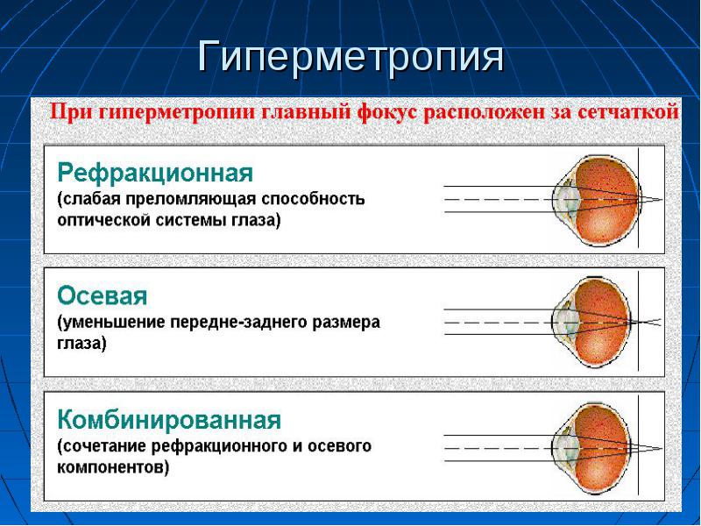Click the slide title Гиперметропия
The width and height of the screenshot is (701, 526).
click(x=351, y=57)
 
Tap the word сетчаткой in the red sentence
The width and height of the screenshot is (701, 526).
click(x=628, y=111)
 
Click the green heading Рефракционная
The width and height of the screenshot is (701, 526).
click(x=155, y=174)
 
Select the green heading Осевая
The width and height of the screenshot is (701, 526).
click(x=102, y=295)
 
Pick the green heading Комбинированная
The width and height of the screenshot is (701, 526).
click(x=169, y=421)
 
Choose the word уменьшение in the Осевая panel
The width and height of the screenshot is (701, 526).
click(x=111, y=323)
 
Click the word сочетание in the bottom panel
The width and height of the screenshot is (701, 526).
click(x=102, y=446)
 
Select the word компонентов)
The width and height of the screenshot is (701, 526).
click(x=113, y=468)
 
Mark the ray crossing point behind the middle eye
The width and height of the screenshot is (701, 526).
click(x=642, y=322)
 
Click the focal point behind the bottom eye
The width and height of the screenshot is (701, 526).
click(x=662, y=448)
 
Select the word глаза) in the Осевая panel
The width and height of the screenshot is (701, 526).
click(x=81, y=345)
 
